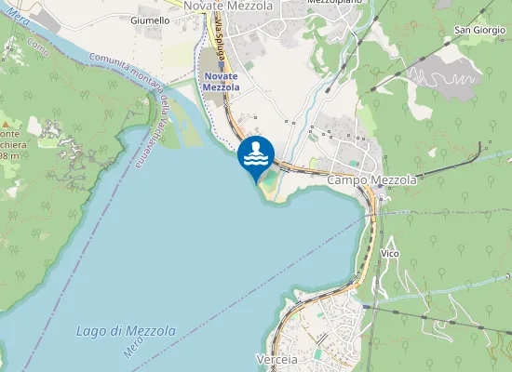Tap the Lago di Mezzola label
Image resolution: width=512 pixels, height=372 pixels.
tap(125, 331)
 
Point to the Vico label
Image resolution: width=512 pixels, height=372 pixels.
tap(391, 253)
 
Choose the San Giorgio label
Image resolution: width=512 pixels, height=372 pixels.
tap(479, 31)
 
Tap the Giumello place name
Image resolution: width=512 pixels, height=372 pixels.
tap(150, 20)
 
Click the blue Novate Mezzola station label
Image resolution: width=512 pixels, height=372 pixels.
tap(221, 81)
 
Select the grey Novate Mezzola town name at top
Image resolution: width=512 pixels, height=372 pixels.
tap(228, 6)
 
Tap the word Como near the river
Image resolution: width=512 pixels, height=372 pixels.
tap(37, 41)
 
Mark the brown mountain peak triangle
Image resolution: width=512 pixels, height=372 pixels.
tap(6, 122)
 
